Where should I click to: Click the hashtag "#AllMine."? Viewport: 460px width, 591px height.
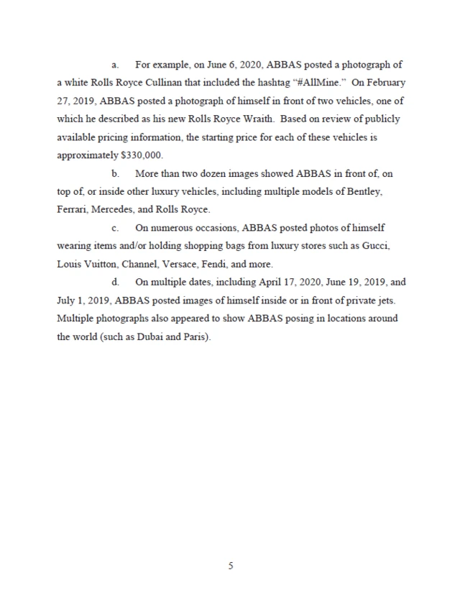click(318, 82)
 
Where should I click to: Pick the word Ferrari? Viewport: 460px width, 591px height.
click(72, 210)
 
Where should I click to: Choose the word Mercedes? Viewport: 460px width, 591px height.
click(120, 210)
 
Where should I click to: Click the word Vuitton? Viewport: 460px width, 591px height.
click(102, 265)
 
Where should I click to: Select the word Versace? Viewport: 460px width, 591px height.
click(185, 265)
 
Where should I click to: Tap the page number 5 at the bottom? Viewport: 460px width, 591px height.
click(230, 566)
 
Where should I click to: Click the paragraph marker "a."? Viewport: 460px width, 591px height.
click(114, 64)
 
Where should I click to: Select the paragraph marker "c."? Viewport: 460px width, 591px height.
click(114, 229)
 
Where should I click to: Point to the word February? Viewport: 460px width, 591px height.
click(373, 82)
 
